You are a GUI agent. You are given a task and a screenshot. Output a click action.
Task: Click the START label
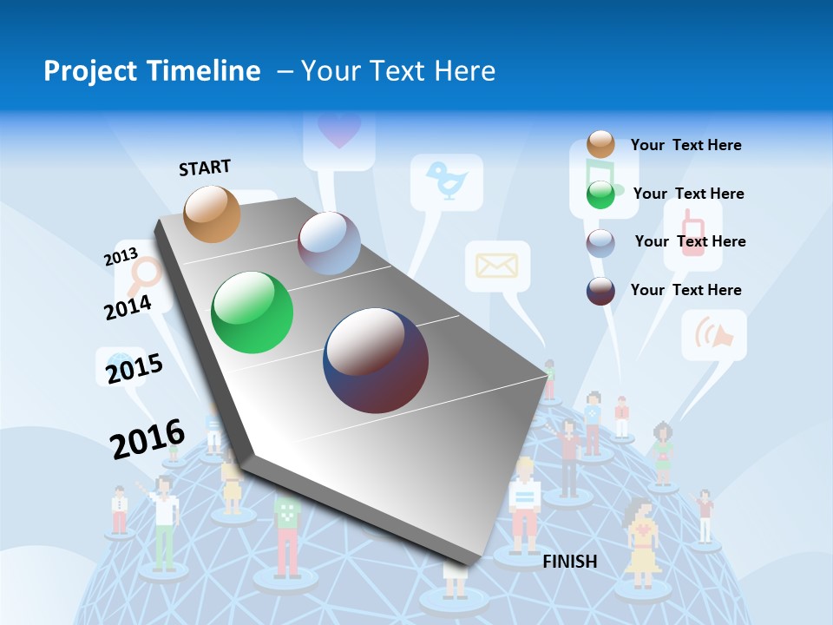[x=205, y=168]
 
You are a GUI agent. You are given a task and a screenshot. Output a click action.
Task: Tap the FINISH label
[x=570, y=562]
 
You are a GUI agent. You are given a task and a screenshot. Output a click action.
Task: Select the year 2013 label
[x=121, y=257]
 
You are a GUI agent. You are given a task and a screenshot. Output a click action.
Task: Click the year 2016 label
[x=148, y=438]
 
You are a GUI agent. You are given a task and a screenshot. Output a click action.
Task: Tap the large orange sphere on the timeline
[x=213, y=214]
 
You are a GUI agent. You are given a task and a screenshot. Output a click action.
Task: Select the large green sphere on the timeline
[x=253, y=312]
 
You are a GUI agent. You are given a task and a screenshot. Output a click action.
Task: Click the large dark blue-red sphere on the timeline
[x=376, y=359]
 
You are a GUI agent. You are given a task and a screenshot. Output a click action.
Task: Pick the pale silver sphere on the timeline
[x=329, y=243]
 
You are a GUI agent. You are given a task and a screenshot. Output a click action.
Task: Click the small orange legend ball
[x=600, y=144]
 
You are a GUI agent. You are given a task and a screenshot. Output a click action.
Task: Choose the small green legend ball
[x=600, y=194]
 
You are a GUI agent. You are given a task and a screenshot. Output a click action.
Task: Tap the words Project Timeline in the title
[x=152, y=71]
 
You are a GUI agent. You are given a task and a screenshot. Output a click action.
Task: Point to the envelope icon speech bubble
[x=496, y=266]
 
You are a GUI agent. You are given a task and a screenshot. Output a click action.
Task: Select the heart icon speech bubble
[x=338, y=131]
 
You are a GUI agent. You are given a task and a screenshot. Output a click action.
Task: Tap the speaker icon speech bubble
[x=713, y=335]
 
